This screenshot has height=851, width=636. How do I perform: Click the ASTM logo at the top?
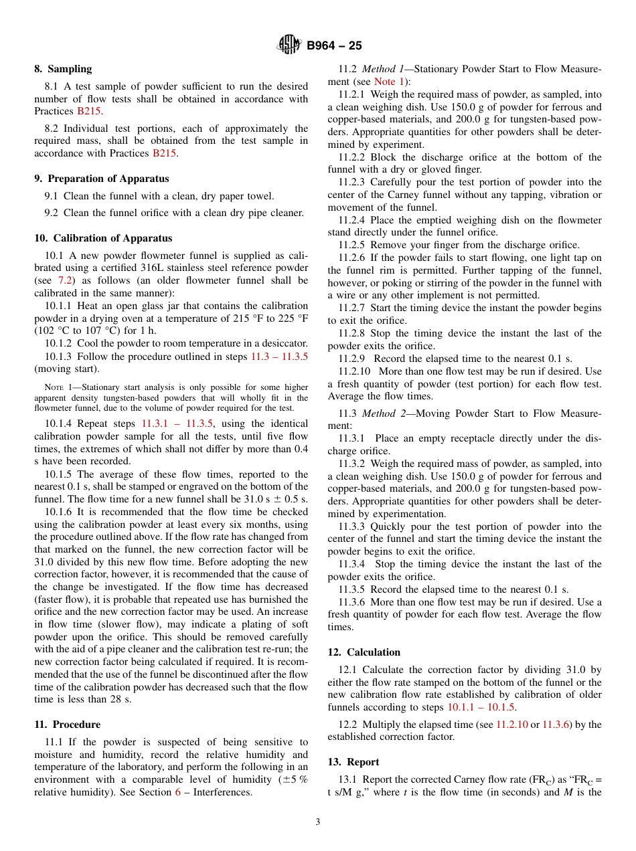click(289, 45)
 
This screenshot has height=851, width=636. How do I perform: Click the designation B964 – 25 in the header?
click(334, 46)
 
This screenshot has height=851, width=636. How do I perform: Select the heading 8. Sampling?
click(63, 69)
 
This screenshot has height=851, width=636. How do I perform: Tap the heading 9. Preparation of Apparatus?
click(101, 179)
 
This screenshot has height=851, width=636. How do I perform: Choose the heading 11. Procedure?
click(67, 725)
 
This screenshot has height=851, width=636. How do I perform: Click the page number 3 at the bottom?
click(318, 822)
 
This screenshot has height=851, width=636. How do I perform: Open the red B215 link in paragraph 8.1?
click(88, 111)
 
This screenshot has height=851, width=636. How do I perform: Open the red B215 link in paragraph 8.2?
click(165, 153)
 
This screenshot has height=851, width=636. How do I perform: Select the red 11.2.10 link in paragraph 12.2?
click(511, 725)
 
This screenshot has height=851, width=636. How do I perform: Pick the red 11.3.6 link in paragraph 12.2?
click(555, 725)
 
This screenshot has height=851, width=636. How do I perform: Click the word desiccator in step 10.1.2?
click(284, 343)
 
